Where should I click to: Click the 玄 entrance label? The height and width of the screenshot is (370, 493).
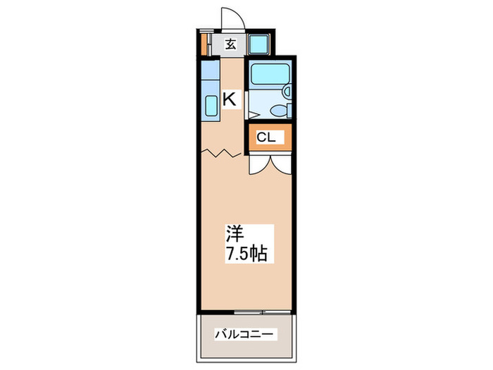point(230,45)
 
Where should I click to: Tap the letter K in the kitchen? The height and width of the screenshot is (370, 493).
point(230,99)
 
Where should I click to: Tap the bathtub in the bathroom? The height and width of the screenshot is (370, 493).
point(268,74)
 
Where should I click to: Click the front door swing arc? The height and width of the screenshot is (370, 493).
point(230,18)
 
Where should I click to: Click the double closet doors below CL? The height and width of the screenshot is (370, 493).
point(268,164)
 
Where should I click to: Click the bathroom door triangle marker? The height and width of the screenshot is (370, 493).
point(249,113)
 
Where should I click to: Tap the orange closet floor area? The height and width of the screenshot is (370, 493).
point(251,137)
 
